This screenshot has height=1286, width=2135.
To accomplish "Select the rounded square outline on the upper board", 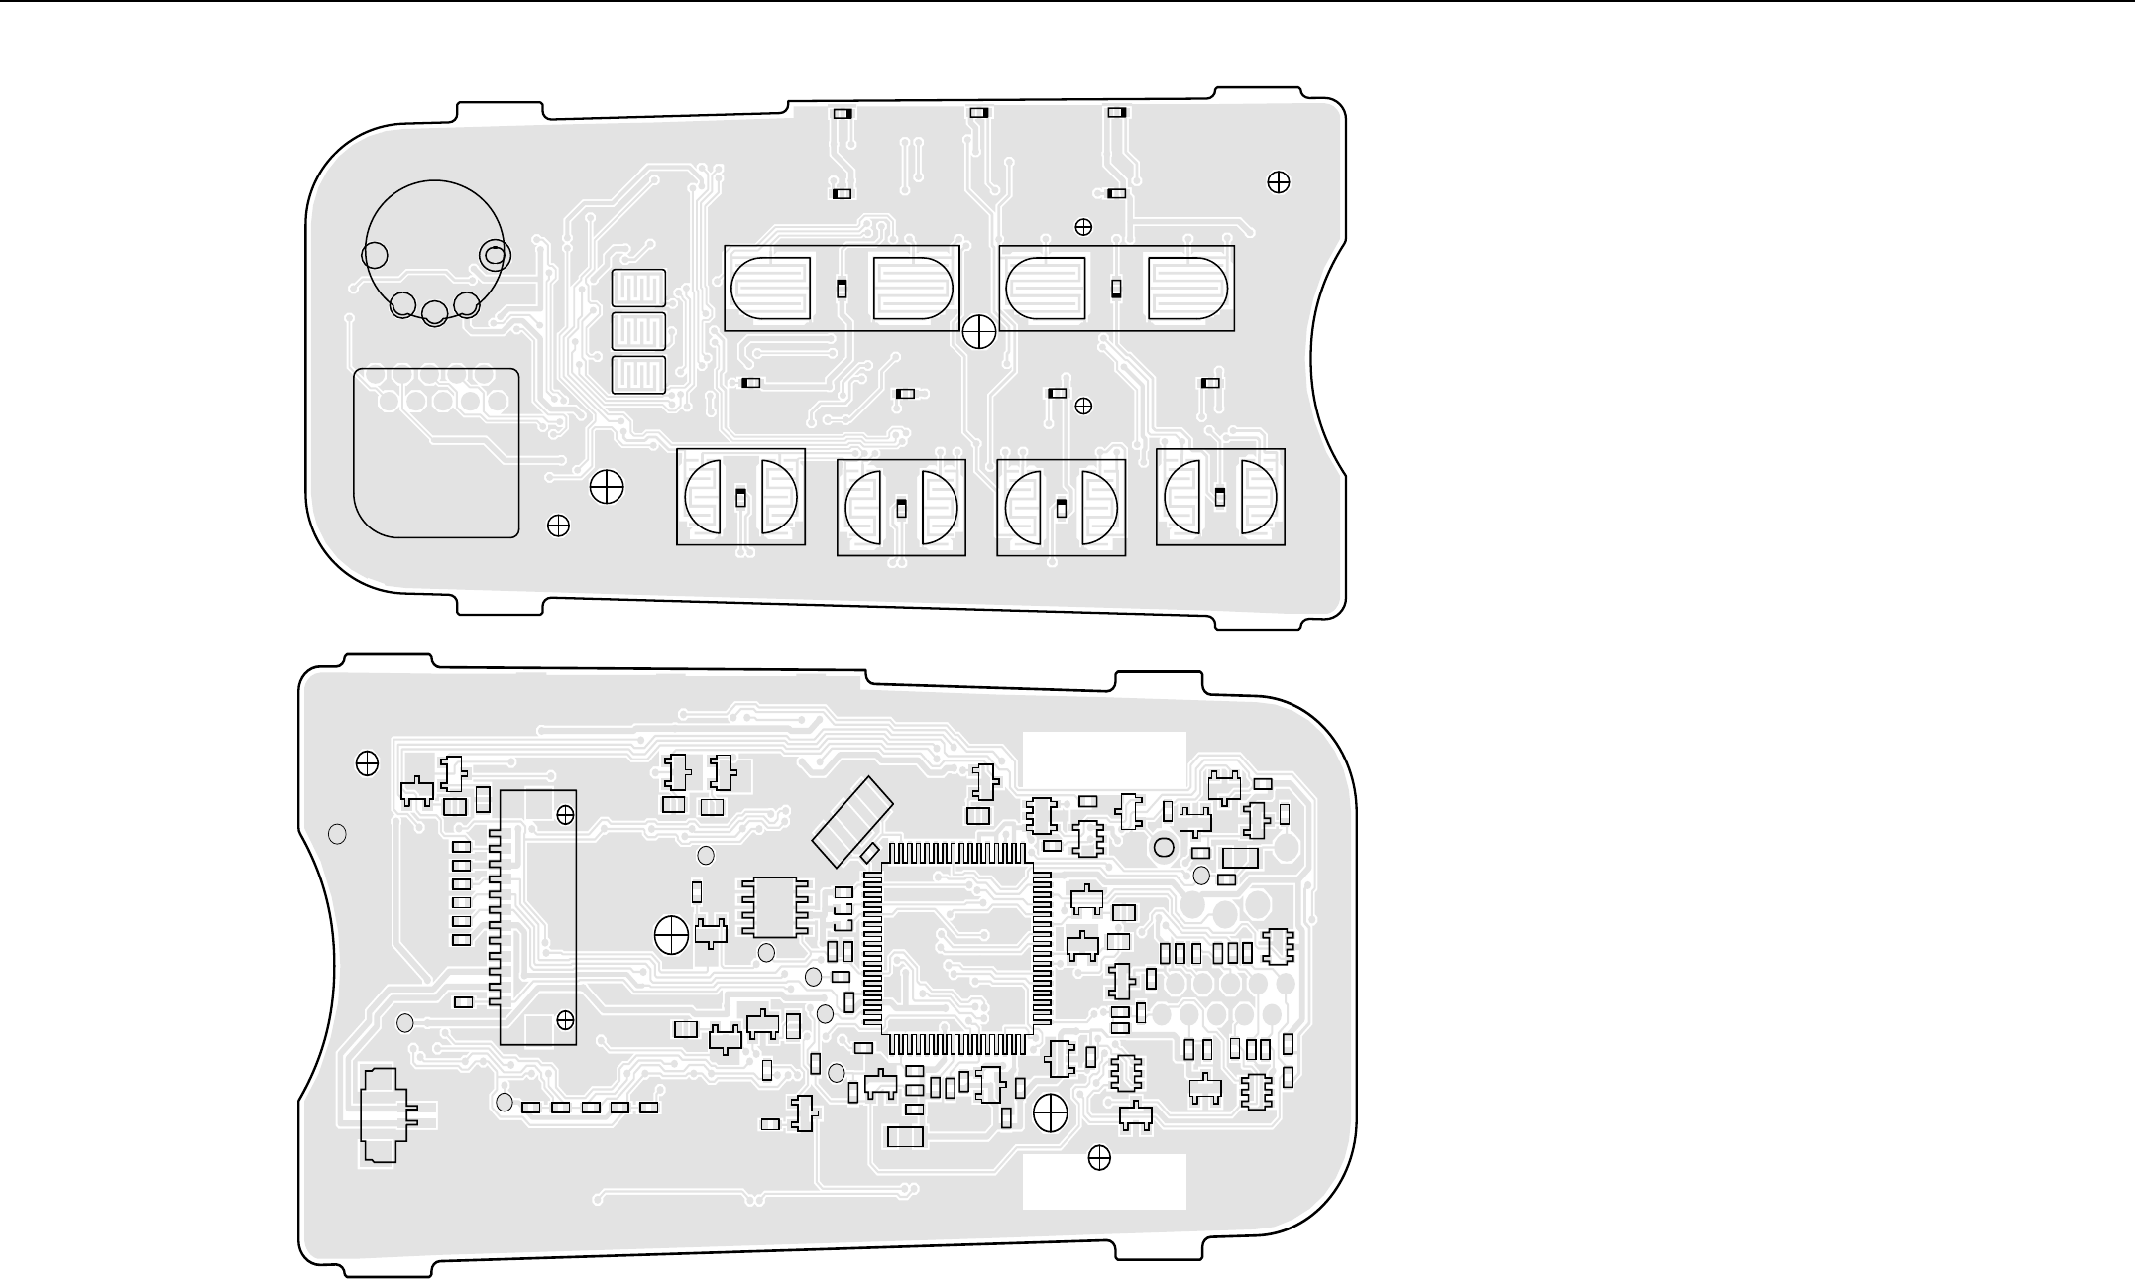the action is click(436, 452).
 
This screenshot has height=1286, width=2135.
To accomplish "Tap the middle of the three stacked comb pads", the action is click(638, 332).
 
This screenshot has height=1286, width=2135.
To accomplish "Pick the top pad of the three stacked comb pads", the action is click(638, 290).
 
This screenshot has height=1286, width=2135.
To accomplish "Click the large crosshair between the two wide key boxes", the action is click(979, 331).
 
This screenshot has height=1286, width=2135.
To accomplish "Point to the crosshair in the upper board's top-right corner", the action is click(1279, 181).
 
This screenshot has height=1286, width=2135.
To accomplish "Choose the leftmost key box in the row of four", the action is click(740, 497).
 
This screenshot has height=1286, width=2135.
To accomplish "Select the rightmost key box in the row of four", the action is click(1220, 497).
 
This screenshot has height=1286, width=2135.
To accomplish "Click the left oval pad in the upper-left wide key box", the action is click(770, 288).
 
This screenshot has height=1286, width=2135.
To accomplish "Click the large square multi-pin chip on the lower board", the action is click(956, 947).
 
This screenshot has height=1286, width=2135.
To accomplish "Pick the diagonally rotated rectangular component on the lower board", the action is click(852, 820).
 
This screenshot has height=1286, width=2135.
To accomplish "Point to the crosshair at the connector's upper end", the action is click(565, 814).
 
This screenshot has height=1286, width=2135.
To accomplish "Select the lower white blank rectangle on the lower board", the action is click(1104, 1181).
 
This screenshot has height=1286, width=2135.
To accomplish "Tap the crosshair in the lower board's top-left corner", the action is click(367, 762).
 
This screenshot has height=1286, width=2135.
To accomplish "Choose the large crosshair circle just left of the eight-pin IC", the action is click(672, 933).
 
